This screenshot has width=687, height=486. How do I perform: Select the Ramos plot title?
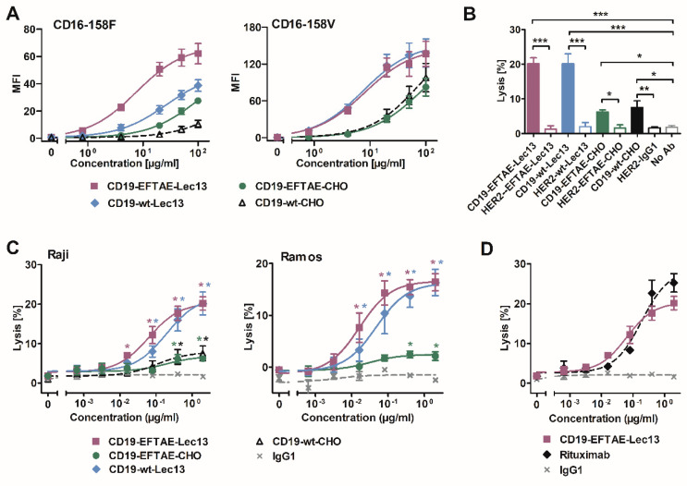pos(282,255)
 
